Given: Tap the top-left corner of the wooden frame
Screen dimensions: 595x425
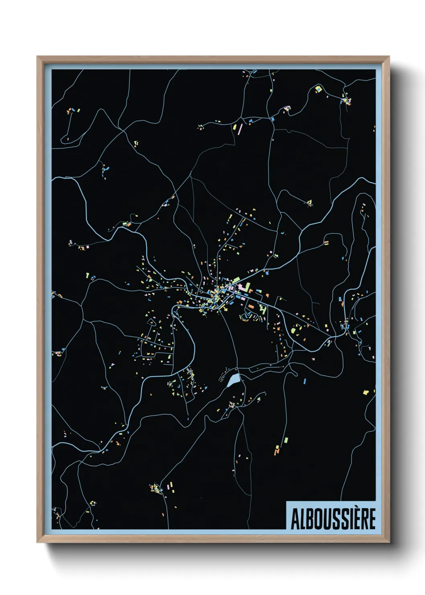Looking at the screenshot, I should [37, 57].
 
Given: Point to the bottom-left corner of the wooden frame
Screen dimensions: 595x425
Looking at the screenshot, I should [37, 542].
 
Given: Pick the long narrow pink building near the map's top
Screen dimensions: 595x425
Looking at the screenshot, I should [240, 129].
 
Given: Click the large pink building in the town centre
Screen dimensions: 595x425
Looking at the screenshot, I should [242, 288].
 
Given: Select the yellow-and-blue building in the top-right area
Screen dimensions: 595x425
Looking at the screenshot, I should [318, 89].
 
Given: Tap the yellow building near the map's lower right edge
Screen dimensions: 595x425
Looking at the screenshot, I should [366, 392].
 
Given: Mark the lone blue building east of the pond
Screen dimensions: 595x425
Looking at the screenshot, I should [304, 380].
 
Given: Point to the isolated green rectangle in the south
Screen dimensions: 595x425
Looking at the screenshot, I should [286, 440].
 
